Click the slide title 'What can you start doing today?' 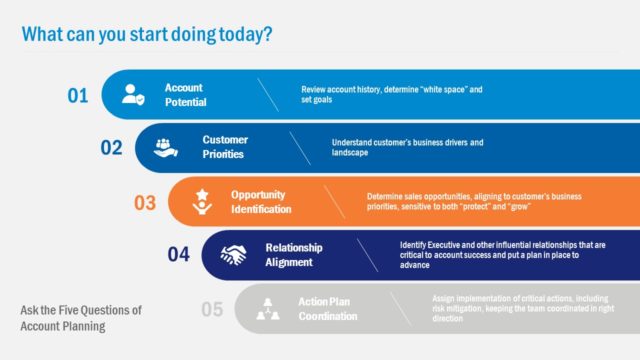[147, 34]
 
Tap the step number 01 [78, 96]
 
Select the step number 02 [111, 148]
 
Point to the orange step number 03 [145, 202]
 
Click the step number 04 [178, 255]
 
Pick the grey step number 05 [212, 309]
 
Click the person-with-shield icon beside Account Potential [134, 95]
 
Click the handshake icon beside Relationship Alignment [234, 255]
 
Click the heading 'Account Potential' [184, 95]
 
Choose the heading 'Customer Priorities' [225, 147]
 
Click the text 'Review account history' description [392, 95]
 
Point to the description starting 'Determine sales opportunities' [461, 201]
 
